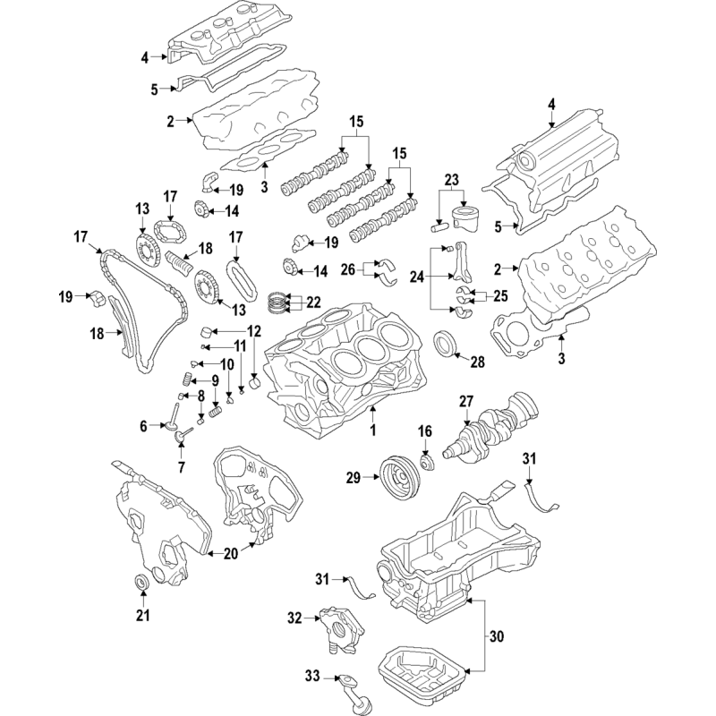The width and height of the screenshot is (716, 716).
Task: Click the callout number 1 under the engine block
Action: click(x=372, y=430)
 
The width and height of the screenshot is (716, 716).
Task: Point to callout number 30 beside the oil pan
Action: click(x=497, y=635)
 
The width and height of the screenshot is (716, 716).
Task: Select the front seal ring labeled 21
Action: click(x=142, y=584)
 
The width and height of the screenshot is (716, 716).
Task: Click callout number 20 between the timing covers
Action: click(x=231, y=554)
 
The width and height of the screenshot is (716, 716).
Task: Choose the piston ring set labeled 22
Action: click(x=277, y=302)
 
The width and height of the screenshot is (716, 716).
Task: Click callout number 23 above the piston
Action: click(x=451, y=180)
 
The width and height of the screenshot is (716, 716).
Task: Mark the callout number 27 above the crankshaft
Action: click(x=466, y=401)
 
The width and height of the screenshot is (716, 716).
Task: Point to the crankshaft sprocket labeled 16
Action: click(x=427, y=461)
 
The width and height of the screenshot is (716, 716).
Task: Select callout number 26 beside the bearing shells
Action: click(x=348, y=269)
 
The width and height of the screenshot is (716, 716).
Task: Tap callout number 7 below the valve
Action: click(x=182, y=467)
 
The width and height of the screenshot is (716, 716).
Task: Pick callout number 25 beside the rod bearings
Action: click(x=500, y=296)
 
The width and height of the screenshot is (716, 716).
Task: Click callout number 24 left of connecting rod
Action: click(x=417, y=277)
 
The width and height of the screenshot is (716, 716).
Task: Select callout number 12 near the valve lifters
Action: click(x=254, y=331)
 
